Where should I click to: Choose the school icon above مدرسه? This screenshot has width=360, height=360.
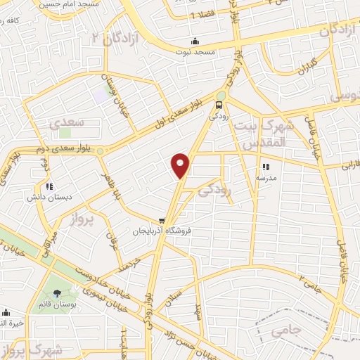[266, 167]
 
